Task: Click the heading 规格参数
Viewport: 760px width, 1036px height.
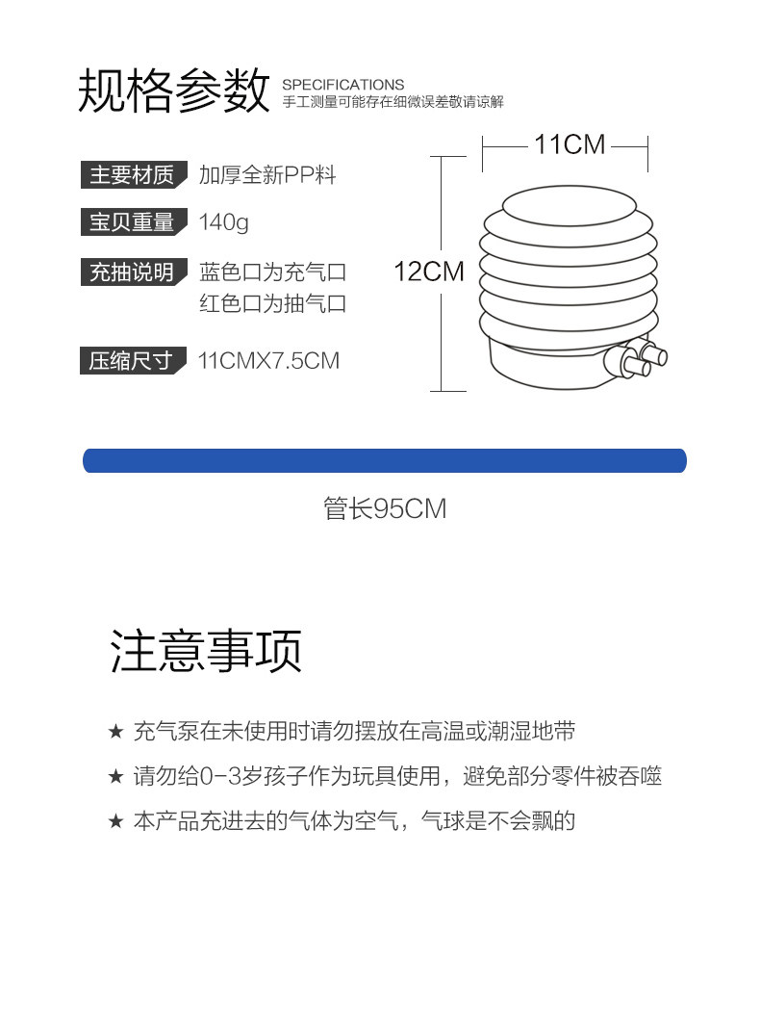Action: click(x=173, y=91)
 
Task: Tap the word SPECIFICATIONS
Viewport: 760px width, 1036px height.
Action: click(x=343, y=85)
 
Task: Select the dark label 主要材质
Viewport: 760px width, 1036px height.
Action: click(x=132, y=175)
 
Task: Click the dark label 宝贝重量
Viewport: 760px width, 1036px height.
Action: click(x=132, y=222)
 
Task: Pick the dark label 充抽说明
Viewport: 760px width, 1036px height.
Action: click(x=132, y=272)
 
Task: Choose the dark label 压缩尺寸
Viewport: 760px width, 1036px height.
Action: click(x=132, y=361)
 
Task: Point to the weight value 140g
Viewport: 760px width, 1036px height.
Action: click(x=223, y=222)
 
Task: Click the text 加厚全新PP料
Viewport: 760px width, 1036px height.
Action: click(x=267, y=175)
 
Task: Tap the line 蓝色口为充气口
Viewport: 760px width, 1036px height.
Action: click(x=272, y=272)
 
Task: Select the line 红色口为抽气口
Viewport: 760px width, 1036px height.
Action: click(x=272, y=304)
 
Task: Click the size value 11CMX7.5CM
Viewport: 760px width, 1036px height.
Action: click(x=268, y=361)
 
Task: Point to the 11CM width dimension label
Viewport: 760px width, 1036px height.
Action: click(x=570, y=144)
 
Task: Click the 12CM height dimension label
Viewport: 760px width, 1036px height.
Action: click(x=429, y=272)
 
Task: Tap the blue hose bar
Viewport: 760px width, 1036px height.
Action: click(x=385, y=460)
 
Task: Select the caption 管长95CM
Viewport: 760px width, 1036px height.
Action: click(x=385, y=508)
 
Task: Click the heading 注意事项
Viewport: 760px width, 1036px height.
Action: click(x=206, y=651)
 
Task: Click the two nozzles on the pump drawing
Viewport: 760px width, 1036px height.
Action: click(x=639, y=359)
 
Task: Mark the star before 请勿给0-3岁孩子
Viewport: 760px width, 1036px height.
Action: click(x=115, y=777)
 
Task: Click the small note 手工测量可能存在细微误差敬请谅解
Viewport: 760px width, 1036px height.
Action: click(x=393, y=102)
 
